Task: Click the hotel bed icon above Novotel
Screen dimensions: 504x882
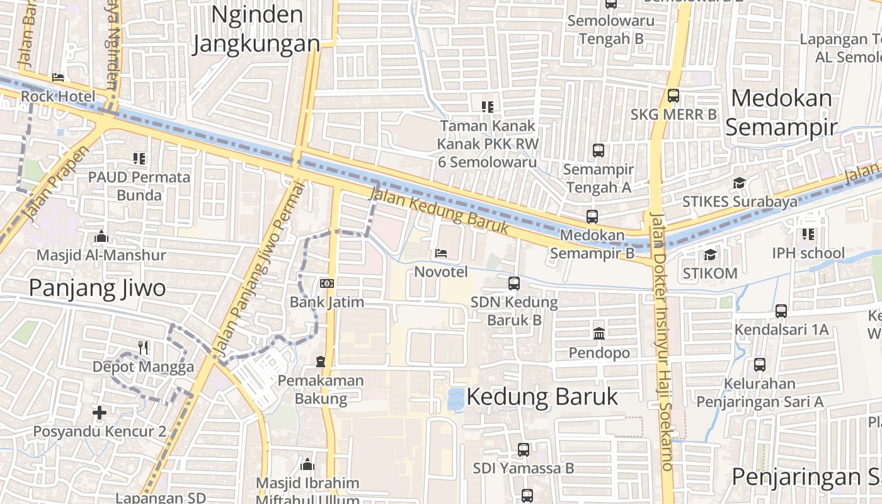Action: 441,253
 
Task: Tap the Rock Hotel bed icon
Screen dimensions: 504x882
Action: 58,77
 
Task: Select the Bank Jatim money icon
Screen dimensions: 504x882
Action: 326,283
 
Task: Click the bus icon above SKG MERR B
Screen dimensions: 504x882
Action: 673,96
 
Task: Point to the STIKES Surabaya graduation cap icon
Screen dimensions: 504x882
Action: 739,183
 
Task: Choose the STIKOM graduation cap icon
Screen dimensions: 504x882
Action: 710,255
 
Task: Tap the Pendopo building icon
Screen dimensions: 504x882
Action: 599,333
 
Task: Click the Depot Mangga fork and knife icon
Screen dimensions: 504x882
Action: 143,347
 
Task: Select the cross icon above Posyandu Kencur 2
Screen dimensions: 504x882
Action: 100,413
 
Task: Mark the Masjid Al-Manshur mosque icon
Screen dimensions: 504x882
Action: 101,237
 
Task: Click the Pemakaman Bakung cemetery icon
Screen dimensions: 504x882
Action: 321,362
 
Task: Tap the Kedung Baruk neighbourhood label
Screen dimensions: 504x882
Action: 542,397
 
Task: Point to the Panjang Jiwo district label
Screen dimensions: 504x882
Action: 98,288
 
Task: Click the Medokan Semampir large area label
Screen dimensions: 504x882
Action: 781,112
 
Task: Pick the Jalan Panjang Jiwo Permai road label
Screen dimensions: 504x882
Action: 258,268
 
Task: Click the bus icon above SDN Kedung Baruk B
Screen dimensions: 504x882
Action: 514,283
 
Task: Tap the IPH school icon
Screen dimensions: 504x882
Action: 808,234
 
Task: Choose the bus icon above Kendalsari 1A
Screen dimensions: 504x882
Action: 781,311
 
